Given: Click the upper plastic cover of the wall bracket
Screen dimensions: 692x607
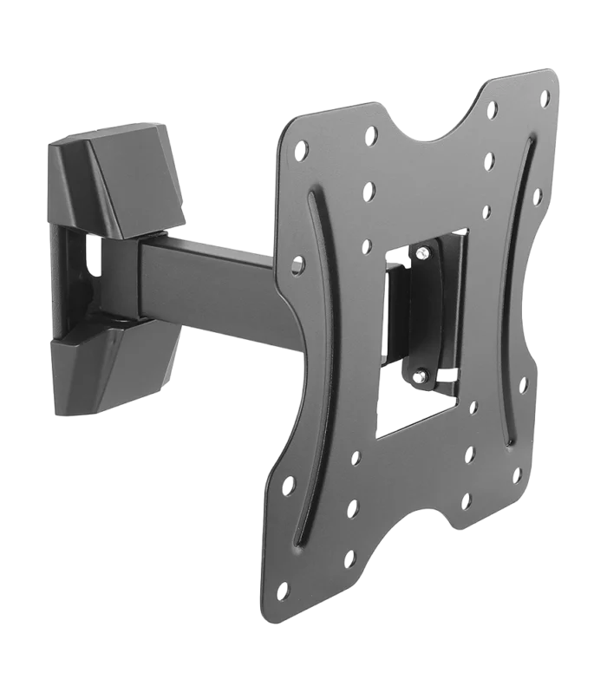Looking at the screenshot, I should [113, 178].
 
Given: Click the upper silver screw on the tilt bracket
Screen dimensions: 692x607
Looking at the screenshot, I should [422, 253].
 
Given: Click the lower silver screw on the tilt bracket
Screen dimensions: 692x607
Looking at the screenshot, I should [420, 375].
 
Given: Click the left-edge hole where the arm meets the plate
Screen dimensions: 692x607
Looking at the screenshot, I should [297, 264].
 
